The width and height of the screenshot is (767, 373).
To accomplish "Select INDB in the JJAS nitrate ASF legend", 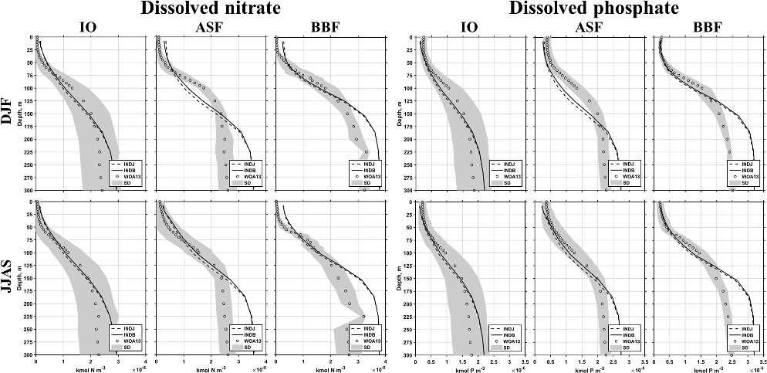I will (x=248, y=335).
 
